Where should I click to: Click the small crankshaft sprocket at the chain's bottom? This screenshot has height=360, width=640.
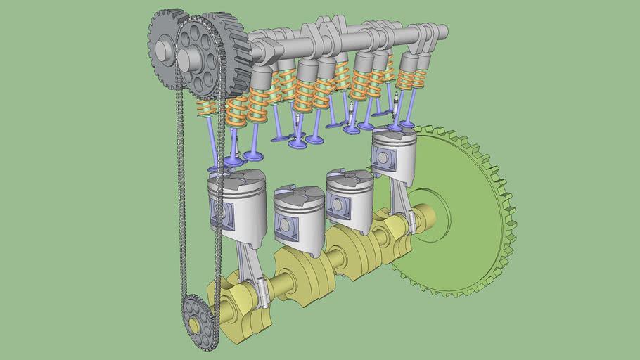tap(199, 323)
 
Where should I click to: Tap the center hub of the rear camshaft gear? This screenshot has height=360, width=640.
tap(164, 49)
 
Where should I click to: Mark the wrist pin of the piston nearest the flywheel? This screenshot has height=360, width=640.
tap(382, 157)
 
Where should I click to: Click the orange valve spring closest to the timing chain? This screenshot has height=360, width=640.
tap(206, 108)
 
